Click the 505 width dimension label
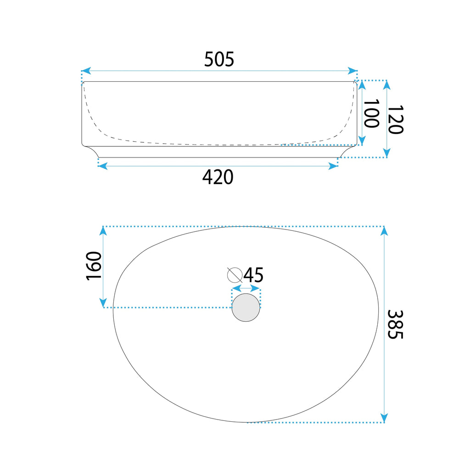[x=219, y=59]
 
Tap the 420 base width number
[x=218, y=177]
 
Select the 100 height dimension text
[x=371, y=114]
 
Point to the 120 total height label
[x=395, y=119]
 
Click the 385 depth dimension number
[x=395, y=325]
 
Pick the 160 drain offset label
[x=94, y=266]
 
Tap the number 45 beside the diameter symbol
[x=253, y=275]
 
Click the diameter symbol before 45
[x=235, y=275]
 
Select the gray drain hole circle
[x=246, y=308]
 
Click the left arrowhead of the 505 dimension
[x=86, y=71]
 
